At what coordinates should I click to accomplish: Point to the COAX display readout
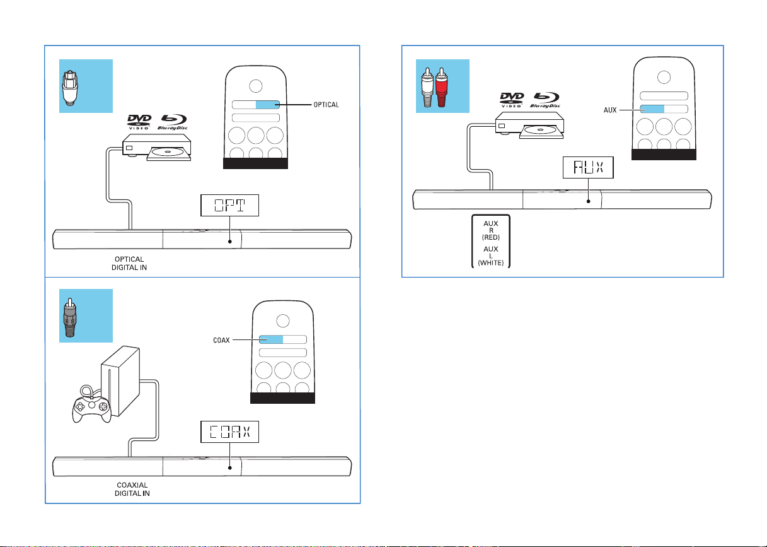(x=230, y=433)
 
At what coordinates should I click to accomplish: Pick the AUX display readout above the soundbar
(x=587, y=167)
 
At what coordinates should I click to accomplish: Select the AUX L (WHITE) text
(x=491, y=254)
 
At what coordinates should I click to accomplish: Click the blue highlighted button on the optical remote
(x=267, y=105)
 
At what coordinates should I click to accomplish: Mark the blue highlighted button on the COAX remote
(x=271, y=339)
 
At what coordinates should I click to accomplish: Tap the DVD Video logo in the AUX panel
(x=511, y=100)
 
